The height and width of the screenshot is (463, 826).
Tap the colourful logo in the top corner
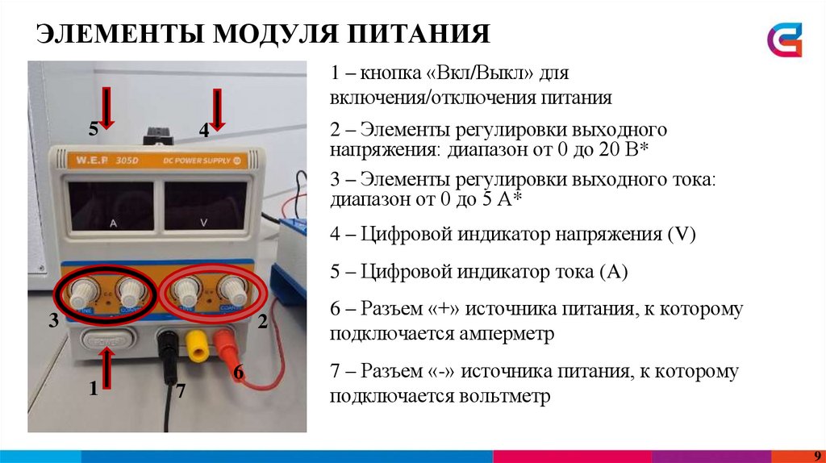784,40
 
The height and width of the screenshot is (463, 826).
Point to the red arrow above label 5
108,108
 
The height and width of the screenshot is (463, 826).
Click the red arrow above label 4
217,108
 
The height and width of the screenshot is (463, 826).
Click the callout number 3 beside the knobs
53,321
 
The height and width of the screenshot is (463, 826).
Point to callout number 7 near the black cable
181,391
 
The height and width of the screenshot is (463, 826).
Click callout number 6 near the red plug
238,373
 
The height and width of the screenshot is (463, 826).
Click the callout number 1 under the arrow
94,390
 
